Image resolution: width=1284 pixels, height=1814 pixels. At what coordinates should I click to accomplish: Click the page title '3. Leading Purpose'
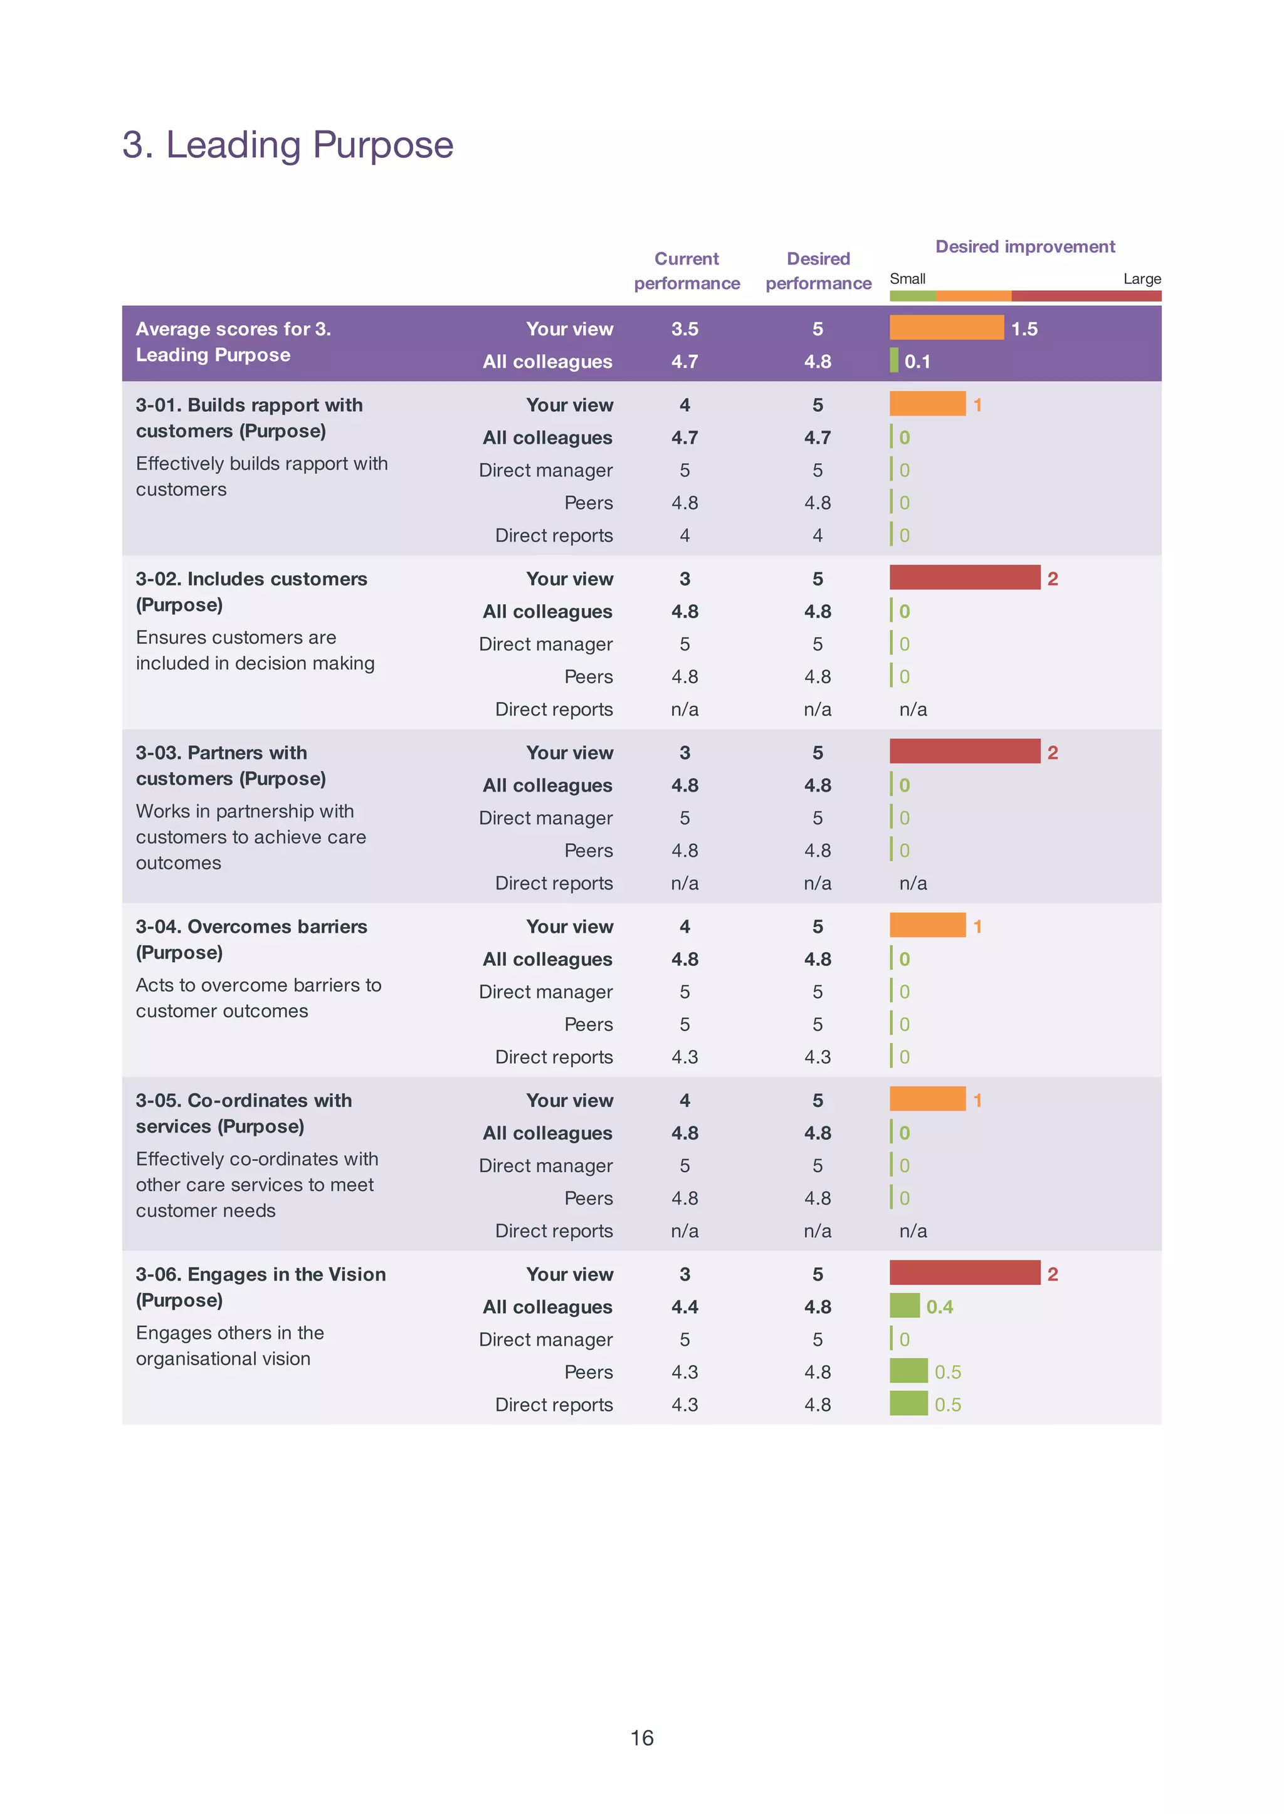(288, 145)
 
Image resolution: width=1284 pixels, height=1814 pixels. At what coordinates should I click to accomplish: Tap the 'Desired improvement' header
(1024, 246)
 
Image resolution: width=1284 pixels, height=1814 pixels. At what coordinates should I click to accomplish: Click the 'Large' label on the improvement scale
(1142, 279)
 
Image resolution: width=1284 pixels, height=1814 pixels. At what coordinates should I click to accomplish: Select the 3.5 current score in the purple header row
(685, 329)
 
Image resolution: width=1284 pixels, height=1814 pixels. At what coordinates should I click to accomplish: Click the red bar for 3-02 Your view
(965, 578)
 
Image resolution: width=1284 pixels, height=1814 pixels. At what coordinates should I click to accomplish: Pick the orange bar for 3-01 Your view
(927, 404)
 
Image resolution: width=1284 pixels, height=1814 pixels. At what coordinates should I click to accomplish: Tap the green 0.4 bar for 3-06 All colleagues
(905, 1306)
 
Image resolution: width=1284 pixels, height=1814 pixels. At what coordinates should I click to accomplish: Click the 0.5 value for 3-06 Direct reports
(947, 1405)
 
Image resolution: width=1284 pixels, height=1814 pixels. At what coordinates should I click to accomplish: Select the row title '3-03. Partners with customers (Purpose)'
(231, 765)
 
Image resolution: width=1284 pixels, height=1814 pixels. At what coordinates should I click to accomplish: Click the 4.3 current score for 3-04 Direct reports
(685, 1057)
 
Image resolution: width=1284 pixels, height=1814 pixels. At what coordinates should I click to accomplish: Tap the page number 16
(641, 1738)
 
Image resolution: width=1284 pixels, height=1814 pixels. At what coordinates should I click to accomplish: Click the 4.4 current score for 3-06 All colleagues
(685, 1306)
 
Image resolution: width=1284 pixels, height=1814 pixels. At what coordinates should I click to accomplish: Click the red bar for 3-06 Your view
(965, 1272)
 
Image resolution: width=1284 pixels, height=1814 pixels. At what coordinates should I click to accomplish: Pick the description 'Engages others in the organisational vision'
(229, 1345)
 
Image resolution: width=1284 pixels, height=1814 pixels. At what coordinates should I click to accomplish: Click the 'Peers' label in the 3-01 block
(588, 503)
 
